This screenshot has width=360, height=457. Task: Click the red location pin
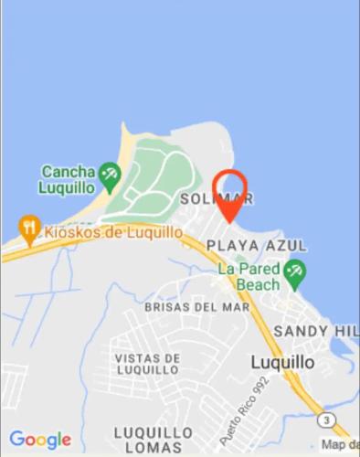click(228, 194)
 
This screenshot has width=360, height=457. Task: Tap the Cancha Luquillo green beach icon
click(111, 173)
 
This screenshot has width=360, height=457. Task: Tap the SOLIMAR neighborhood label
click(217, 198)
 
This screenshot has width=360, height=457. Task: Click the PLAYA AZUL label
click(257, 246)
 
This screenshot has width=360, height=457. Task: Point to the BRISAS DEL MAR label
click(196, 307)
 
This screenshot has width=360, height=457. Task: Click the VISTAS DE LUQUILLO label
click(146, 363)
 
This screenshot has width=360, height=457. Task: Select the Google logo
click(40, 440)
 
